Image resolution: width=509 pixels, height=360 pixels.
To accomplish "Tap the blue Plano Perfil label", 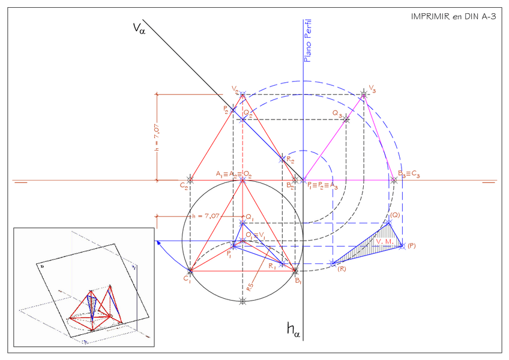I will click(x=308, y=41).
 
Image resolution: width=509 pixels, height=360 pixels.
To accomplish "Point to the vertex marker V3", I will click(x=364, y=95).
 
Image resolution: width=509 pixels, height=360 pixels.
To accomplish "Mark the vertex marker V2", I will click(x=242, y=94).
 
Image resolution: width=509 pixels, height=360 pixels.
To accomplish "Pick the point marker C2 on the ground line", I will click(x=191, y=179).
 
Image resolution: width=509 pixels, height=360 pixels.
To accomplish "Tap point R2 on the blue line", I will click(x=282, y=159).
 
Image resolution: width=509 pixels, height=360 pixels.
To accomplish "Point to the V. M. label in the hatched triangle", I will click(x=384, y=241).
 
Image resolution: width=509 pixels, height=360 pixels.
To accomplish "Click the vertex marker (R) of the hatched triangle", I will click(x=332, y=263).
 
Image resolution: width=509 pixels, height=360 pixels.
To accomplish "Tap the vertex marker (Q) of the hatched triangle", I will click(x=389, y=223).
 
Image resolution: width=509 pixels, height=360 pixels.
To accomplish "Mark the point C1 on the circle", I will click(x=190, y=271).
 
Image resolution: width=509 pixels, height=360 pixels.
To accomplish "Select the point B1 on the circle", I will click(x=295, y=271).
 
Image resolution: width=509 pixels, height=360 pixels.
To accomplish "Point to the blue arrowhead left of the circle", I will click(x=157, y=242).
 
